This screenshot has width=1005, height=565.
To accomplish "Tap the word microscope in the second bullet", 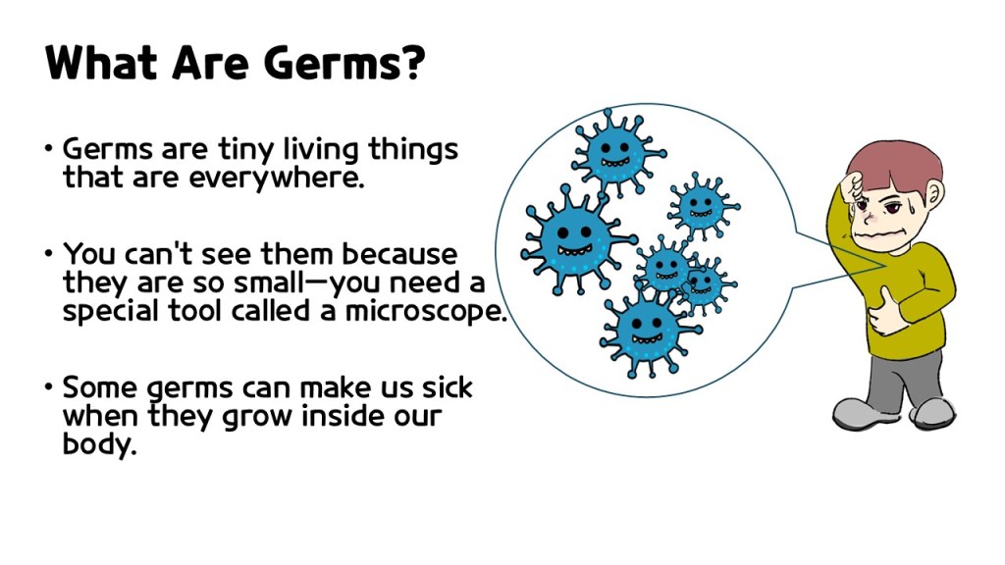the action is coord(426,312).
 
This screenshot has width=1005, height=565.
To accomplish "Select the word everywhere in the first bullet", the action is coord(277,178).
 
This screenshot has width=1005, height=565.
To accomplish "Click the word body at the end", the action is coord(99,443).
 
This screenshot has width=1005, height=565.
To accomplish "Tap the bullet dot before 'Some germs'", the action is coord(49,386).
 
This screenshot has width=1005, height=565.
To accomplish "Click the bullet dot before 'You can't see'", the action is coord(49,253).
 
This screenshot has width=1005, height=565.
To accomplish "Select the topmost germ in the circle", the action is coord(616,152).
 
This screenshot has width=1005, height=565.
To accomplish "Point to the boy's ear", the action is coord(934,192).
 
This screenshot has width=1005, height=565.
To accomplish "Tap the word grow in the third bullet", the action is coord(258,417).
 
